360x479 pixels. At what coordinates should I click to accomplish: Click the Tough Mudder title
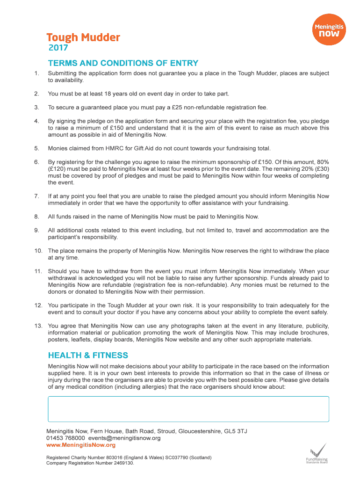83,37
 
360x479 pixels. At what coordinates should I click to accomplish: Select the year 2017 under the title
58,48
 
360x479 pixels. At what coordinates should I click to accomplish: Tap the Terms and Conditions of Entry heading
123,63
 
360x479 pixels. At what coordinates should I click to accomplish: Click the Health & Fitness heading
88,356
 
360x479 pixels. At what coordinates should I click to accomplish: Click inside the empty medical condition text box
188,409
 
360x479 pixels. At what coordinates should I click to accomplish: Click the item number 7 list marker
36,196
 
